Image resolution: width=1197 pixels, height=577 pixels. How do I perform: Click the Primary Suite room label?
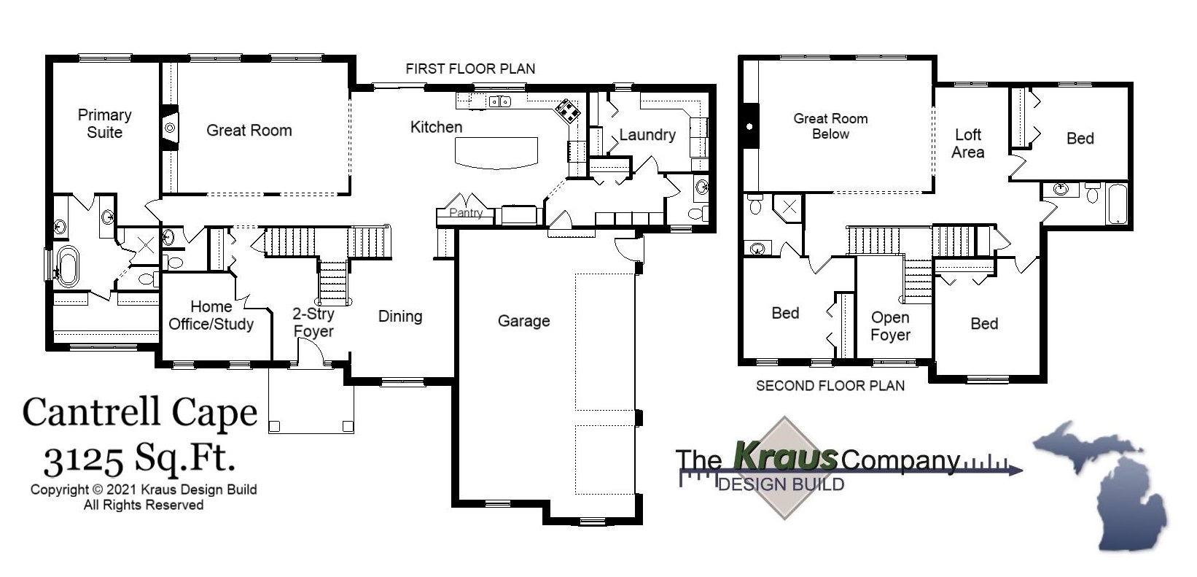pos(104,123)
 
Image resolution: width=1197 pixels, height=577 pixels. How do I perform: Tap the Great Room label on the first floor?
pos(249,131)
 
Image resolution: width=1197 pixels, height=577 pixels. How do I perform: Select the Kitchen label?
pos(436,127)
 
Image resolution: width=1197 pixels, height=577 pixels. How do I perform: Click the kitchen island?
pos(496,152)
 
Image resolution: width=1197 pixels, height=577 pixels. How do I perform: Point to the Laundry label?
pos(647,135)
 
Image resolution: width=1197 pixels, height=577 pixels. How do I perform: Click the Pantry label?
pos(465,213)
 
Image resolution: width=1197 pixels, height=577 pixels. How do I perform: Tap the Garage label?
pos(523,321)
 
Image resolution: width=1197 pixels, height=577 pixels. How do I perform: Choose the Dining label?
pos(399,316)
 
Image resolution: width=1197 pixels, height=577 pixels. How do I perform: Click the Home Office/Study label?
pos(211,315)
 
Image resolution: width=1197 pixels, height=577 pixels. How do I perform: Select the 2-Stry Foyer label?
pos(313,322)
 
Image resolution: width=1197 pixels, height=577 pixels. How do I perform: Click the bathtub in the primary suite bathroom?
pos(68,266)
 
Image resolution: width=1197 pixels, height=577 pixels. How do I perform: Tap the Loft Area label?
pos(967,143)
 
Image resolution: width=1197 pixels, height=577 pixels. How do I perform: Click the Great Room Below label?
pos(830,125)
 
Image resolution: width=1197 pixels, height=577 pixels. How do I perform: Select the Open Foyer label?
pos(890,326)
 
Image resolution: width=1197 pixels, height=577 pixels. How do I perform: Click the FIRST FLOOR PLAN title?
pos(470,69)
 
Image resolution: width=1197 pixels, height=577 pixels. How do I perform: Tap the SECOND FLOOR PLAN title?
pos(830,385)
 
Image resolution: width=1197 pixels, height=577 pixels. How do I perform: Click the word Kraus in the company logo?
pos(785,456)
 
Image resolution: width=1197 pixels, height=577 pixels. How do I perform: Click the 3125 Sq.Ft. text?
pos(139,460)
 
